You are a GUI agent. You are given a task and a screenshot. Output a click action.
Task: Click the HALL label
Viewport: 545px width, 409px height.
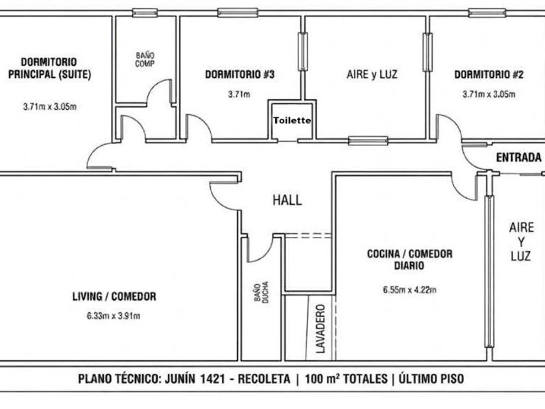[287, 200]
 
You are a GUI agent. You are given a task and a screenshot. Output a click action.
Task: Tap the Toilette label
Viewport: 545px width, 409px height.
[292, 120]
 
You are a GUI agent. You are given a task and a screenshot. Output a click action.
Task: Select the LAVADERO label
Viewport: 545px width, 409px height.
[321, 328]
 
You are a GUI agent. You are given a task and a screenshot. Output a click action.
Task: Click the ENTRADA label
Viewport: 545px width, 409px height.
[518, 158]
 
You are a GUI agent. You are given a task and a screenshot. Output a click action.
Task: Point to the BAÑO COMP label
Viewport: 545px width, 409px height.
[145, 60]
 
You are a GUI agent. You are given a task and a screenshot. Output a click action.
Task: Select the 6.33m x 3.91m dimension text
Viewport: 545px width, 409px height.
[114, 316]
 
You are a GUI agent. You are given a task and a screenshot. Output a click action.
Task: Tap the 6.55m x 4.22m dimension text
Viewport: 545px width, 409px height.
[410, 290]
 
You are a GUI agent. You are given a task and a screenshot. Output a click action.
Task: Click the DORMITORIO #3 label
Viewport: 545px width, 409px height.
[239, 75]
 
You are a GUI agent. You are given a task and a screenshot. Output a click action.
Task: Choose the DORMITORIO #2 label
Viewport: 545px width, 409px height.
[489, 75]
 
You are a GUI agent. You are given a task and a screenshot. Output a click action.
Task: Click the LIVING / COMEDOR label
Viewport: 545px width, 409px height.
[114, 296]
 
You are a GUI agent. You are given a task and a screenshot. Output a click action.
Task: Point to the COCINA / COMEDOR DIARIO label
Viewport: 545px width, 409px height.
[410, 260]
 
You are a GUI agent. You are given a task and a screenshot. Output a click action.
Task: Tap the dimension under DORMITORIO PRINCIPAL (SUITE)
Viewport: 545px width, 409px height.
[50, 106]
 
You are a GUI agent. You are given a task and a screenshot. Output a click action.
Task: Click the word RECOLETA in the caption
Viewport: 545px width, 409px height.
[264, 378]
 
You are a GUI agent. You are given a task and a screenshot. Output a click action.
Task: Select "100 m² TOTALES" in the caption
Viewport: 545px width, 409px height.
[346, 378]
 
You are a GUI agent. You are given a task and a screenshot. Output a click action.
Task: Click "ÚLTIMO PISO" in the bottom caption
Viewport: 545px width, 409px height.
[431, 378]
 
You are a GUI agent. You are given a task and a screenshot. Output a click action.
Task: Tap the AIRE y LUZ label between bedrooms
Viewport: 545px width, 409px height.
[372, 75]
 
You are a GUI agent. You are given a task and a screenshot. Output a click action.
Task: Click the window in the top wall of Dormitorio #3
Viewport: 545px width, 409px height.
[238, 12]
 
